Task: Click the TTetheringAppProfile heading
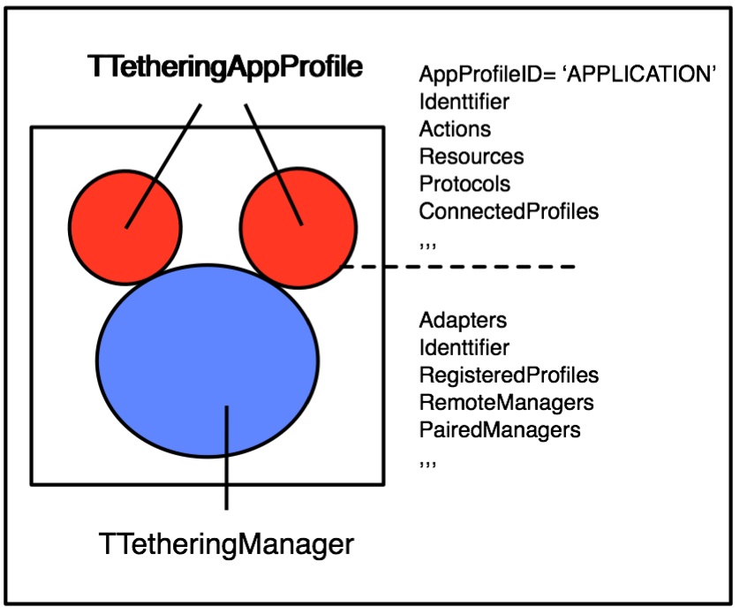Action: [225, 67]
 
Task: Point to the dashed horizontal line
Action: [459, 267]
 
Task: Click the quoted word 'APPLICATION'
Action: [645, 74]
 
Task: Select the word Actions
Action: [455, 129]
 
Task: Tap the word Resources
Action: [472, 156]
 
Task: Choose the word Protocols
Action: [465, 184]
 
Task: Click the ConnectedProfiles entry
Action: [509, 212]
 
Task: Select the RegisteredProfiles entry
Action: [509, 375]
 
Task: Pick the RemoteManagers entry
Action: [506, 403]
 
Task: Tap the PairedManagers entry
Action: [500, 430]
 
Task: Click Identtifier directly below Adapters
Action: [464, 347]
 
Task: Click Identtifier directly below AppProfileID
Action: [464, 102]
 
